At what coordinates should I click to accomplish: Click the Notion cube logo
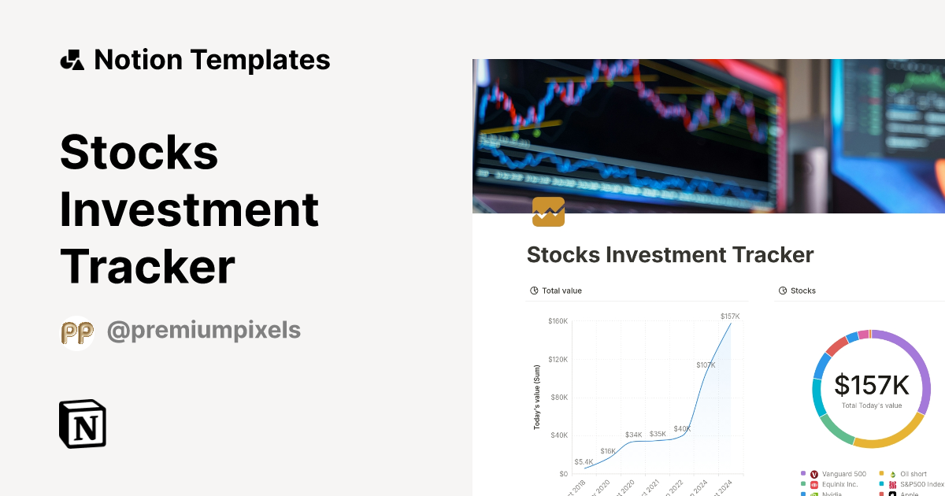pos(83,424)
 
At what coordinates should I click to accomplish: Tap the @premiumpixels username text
pos(203,330)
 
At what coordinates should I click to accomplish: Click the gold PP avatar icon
pos(77,333)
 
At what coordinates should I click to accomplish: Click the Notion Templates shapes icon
pos(72,60)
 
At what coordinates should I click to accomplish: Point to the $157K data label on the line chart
pos(730,316)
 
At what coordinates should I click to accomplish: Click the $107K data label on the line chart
pos(706,365)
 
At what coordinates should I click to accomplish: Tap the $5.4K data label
pos(584,462)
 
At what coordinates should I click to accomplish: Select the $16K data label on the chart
pos(608,451)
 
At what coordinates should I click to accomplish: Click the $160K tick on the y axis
pos(558,321)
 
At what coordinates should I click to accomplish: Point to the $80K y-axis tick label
pos(559,398)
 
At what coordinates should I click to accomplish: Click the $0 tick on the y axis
pos(563,474)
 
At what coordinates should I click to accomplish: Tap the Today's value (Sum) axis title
pos(537,398)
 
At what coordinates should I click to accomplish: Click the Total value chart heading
pos(561,291)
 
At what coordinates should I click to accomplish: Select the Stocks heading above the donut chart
pos(802,291)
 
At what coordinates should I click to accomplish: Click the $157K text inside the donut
pos(872,386)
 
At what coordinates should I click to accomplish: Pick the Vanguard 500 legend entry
pos(843,474)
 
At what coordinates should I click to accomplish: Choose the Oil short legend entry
pos(913,474)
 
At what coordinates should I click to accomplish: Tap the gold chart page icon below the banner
pos(548,212)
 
